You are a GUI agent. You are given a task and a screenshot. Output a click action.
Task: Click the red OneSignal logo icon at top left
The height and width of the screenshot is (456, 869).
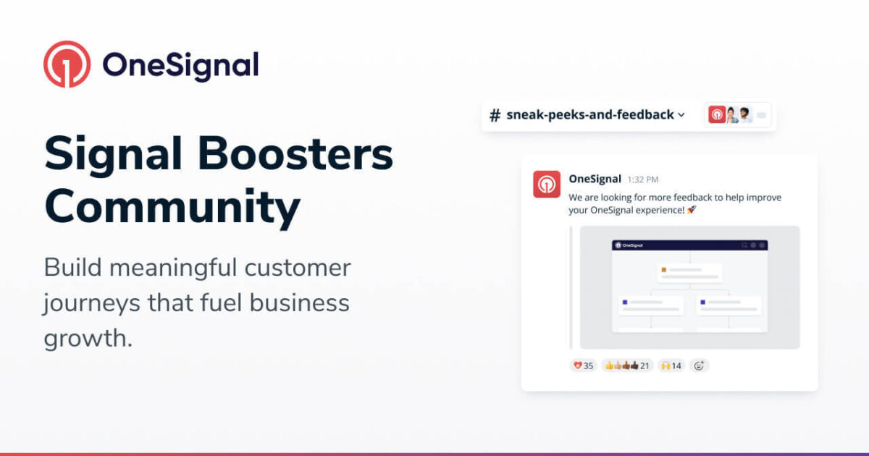point(67,64)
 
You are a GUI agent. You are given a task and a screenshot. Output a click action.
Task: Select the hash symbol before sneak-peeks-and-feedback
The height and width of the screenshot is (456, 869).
point(495,115)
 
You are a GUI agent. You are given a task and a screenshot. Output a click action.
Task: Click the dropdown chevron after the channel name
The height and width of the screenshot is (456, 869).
point(681,115)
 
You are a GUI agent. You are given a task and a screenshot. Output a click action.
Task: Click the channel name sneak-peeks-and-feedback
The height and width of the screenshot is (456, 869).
point(590,114)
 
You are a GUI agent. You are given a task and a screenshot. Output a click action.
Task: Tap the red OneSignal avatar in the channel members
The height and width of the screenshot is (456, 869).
point(716,114)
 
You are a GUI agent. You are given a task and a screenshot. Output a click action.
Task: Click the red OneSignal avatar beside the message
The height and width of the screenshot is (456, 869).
point(547,184)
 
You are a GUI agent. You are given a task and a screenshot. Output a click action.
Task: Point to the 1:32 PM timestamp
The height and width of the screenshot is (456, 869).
point(643,180)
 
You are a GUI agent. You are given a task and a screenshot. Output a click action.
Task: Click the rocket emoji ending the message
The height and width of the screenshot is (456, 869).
point(692,209)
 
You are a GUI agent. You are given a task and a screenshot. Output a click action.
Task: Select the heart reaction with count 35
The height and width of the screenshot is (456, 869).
point(583,366)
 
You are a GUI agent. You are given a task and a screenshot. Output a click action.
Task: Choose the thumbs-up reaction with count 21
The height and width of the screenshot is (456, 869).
point(627,366)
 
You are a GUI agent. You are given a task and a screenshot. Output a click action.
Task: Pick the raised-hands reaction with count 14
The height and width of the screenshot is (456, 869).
point(671,366)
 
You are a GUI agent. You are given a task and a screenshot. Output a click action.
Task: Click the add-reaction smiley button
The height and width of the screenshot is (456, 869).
point(699,366)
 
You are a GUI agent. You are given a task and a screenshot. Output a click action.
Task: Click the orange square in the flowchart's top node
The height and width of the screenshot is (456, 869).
point(663,270)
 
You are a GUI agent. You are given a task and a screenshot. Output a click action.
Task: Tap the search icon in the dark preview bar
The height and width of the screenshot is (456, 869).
point(744,245)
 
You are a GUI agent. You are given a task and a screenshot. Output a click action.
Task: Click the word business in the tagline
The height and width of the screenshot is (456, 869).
point(301,303)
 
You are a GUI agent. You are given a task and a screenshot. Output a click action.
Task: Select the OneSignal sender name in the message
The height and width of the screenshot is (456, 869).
point(595,179)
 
